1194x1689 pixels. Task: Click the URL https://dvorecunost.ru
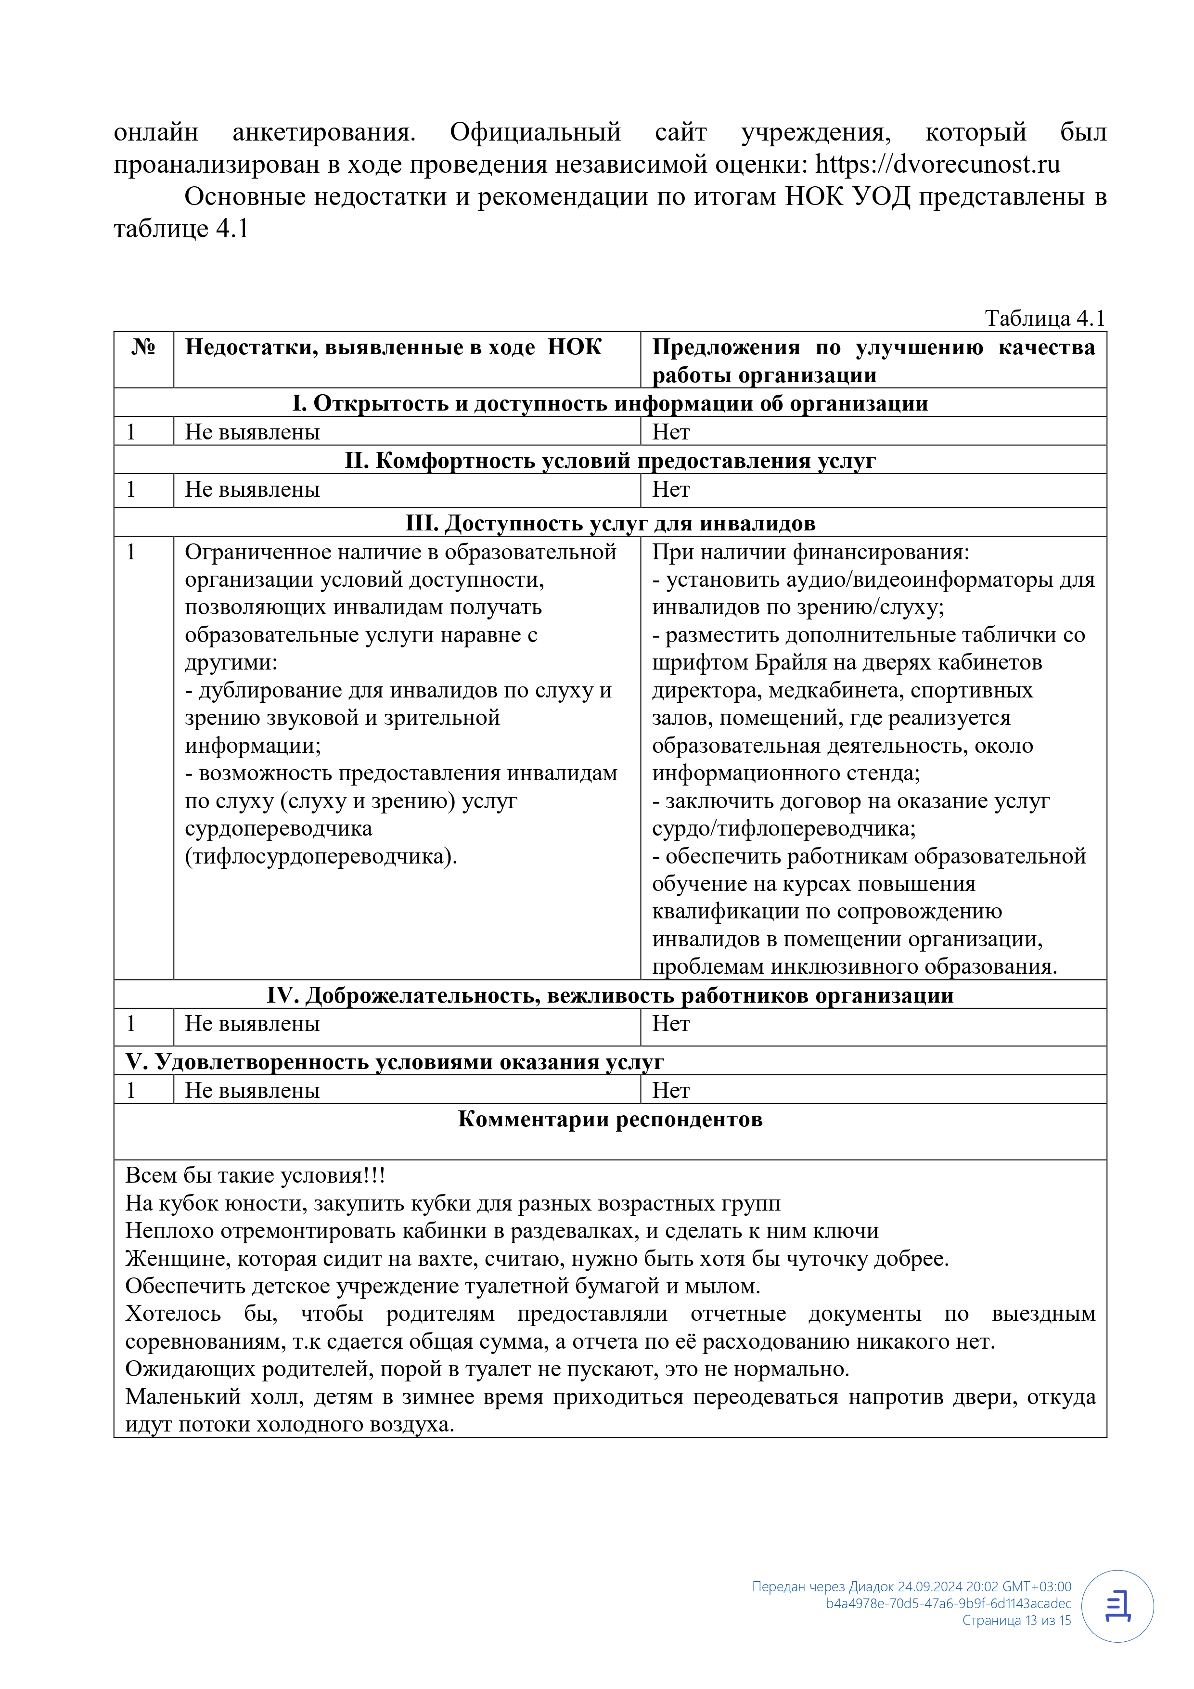pyautogui.click(x=938, y=164)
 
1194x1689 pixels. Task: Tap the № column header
pyautogui.click(x=143, y=347)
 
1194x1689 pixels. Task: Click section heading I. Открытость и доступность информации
pyautogui.click(x=610, y=403)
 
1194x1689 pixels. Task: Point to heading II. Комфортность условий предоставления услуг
pyautogui.click(x=610, y=461)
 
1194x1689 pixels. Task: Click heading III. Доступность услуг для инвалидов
pyautogui.click(x=610, y=523)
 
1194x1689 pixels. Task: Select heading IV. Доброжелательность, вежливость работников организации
pyautogui.click(x=610, y=995)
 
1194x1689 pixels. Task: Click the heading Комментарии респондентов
pyautogui.click(x=610, y=1119)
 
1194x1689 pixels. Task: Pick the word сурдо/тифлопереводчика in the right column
pyautogui.click(x=783, y=829)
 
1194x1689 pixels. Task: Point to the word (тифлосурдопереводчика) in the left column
pyautogui.click(x=321, y=857)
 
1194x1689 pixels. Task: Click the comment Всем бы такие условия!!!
pyautogui.click(x=255, y=1175)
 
